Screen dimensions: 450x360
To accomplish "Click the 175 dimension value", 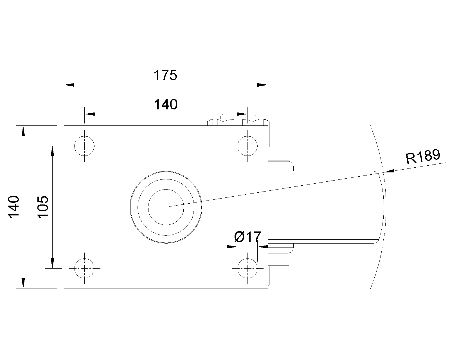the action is click(x=165, y=75).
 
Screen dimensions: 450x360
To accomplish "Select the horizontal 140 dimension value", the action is click(x=166, y=105).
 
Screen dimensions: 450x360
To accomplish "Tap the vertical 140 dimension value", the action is click(x=14, y=207).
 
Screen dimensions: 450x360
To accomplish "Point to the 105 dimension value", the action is click(x=43, y=207).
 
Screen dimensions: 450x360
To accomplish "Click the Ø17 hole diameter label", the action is click(x=247, y=237).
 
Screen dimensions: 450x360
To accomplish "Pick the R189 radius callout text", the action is click(x=423, y=156).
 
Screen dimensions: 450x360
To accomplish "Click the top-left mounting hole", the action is click(x=84, y=146).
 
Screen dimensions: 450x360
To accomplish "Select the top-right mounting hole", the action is click(x=247, y=146).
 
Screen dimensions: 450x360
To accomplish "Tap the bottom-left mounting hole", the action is click(x=84, y=268).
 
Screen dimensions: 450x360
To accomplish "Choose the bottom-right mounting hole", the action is click(x=247, y=268).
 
